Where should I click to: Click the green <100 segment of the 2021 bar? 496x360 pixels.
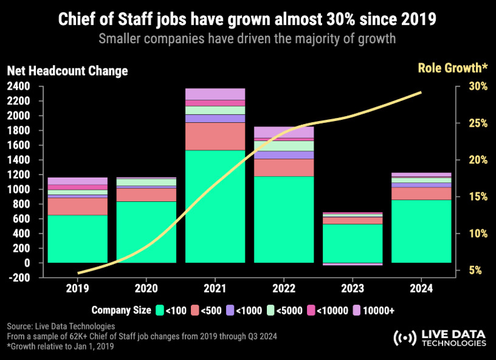(x=215, y=206)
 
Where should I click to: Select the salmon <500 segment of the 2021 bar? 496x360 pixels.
(x=215, y=136)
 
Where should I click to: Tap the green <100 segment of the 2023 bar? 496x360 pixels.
(x=353, y=243)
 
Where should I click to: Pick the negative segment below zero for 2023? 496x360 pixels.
(x=353, y=264)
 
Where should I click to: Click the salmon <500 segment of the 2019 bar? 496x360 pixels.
(x=77, y=206)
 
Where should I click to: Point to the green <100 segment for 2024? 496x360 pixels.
(x=421, y=231)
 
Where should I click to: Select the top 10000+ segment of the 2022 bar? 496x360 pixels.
(x=284, y=132)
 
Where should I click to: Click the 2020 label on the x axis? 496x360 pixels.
(x=146, y=288)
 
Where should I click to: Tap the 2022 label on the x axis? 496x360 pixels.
(x=284, y=288)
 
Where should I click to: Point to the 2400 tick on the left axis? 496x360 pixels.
(x=19, y=86)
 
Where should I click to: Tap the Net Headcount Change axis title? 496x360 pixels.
(x=67, y=71)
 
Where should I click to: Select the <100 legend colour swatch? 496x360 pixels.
(x=160, y=310)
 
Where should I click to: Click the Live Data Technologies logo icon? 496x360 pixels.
(x=402, y=338)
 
